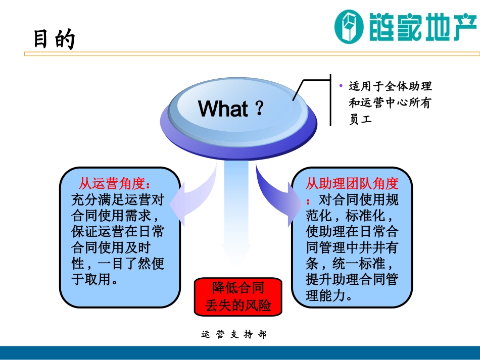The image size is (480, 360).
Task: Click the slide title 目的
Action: click(x=54, y=39)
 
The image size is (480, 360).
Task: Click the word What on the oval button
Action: click(x=223, y=109)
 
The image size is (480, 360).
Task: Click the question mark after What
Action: click(x=259, y=109)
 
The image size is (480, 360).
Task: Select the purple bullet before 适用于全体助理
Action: click(x=341, y=86)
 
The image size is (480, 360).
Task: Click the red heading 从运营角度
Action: click(x=115, y=183)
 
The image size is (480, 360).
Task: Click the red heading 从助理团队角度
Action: click(x=352, y=183)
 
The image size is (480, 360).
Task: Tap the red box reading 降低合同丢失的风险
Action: click(x=238, y=296)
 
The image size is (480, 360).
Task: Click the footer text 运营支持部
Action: click(x=233, y=335)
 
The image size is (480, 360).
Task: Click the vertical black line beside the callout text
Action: click(x=330, y=101)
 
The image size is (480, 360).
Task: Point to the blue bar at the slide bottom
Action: click(x=240, y=352)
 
